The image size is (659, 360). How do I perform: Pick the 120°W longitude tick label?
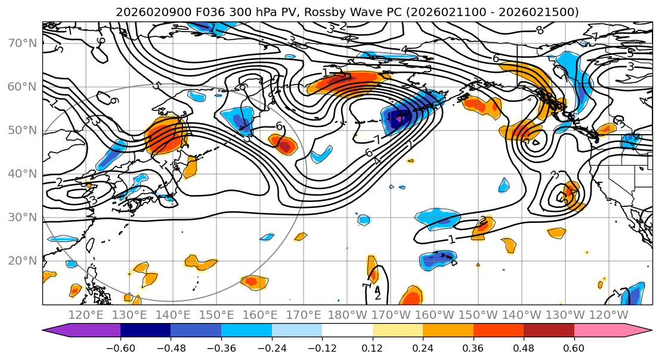[x=610, y=315]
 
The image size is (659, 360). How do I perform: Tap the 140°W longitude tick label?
[x=522, y=315]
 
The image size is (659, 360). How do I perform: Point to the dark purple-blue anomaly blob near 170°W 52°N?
[x=398, y=116]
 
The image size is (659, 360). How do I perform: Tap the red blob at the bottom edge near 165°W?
[x=411, y=297]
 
